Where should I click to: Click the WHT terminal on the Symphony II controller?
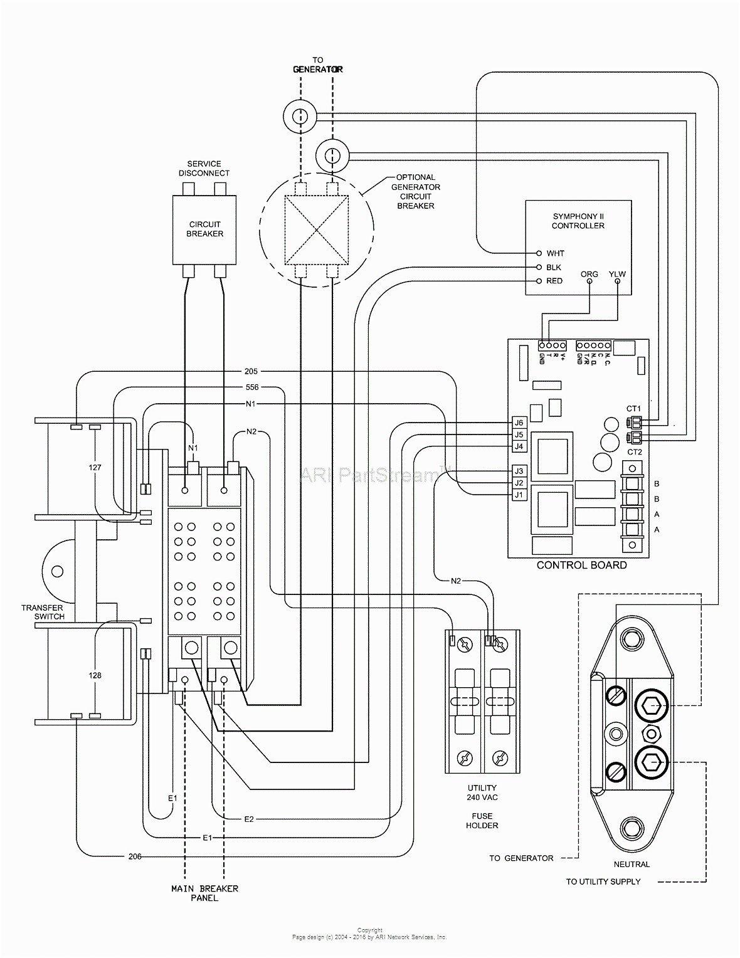538,253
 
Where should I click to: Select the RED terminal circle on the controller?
538,281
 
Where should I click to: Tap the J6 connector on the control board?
518,423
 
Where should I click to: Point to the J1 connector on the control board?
518,495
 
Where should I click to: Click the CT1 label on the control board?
634,409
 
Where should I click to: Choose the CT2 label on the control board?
634,451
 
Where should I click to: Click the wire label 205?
251,371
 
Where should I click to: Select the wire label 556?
251,387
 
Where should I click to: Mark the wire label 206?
135,856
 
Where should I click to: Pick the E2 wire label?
249,819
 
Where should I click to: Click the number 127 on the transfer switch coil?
95,468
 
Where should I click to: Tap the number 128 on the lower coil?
95,675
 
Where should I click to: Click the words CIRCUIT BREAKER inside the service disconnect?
204,229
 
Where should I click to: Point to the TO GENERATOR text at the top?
318,65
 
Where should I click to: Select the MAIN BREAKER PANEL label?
204,893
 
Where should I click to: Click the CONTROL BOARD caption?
581,565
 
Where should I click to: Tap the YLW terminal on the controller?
617,281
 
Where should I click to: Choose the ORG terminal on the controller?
589,281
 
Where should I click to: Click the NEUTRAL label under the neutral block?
632,864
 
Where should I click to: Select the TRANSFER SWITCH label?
43,612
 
